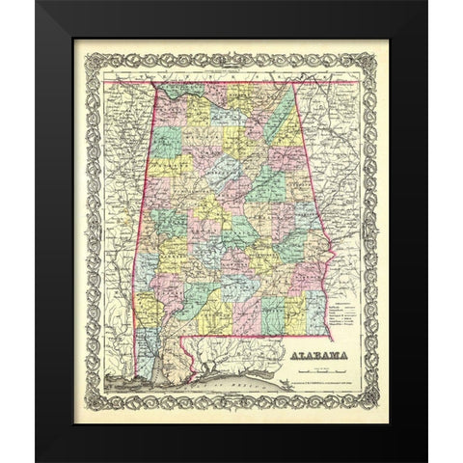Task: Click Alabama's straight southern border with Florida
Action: pos(260,337)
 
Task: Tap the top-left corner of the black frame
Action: pos(38,4)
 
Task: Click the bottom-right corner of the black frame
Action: pos(425,459)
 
